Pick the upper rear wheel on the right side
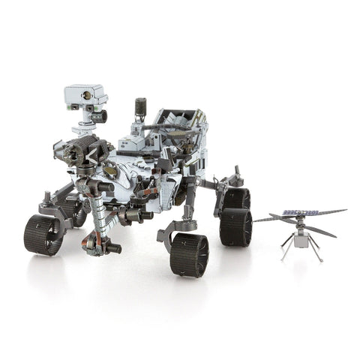coord(236,198)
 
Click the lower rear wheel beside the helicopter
coord(235,227)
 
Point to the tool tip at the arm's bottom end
coord(112,247)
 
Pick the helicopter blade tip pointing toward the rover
coord(256,220)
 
